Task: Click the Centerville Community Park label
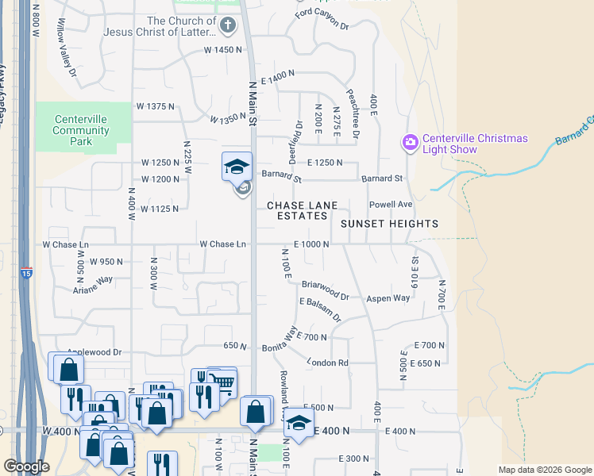pos(80,130)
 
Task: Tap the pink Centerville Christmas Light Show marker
pos(410,143)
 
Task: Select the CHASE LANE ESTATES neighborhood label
pos(297,210)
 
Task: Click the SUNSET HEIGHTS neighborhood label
pos(389,224)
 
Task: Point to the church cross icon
pos(228,25)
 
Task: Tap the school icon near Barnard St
pos(237,167)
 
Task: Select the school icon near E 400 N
pos(299,424)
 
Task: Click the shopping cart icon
pos(224,384)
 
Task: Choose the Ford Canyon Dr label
pos(322,19)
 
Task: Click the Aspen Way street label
pos(388,298)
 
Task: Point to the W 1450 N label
pos(222,50)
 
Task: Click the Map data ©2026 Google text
pos(544,470)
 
